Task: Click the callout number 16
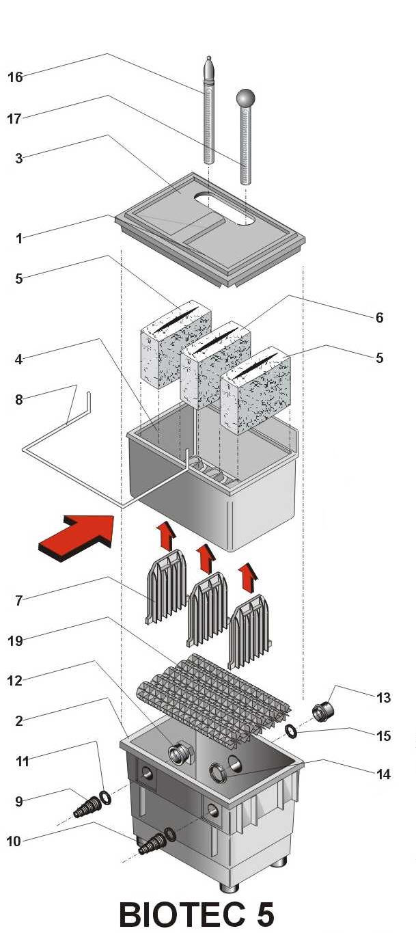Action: click(15, 77)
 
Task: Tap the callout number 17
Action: click(15, 119)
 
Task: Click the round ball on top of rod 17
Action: click(245, 98)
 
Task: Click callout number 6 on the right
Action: click(379, 318)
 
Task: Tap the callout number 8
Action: click(19, 400)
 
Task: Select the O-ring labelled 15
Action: click(292, 731)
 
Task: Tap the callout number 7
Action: click(19, 601)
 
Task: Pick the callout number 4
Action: click(19, 359)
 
